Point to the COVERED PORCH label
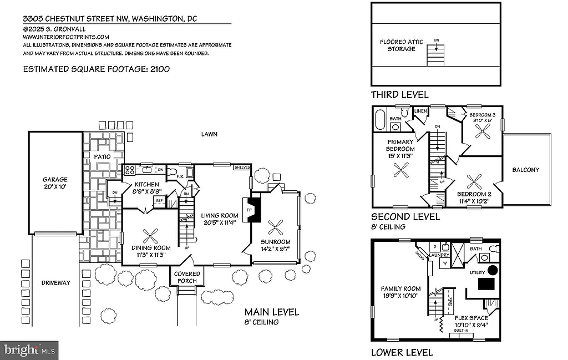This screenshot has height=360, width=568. [187, 277]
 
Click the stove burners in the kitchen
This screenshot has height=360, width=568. [129, 170]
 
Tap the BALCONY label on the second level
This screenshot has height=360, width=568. [525, 170]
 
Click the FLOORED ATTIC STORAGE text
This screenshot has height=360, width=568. [397, 45]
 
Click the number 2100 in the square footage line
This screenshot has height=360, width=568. [158, 69]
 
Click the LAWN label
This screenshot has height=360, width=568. [210, 134]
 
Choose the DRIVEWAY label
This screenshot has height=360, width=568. [56, 283]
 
